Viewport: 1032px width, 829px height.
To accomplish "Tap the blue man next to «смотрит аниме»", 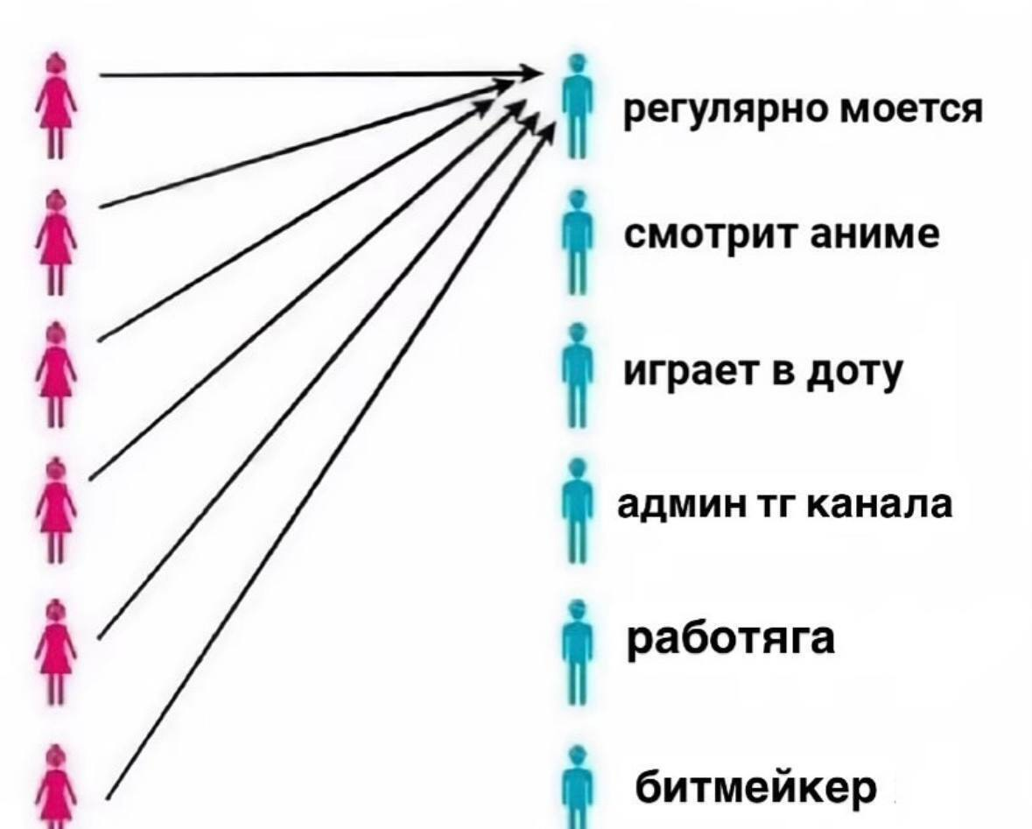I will coord(575,240).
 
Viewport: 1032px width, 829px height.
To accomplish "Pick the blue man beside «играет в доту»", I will coord(575,374).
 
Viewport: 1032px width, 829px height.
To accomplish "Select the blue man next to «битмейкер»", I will coord(575,785).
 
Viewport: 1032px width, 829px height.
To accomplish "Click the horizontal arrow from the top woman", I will coord(315,75).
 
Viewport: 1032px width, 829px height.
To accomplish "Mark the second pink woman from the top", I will coord(58,238).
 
